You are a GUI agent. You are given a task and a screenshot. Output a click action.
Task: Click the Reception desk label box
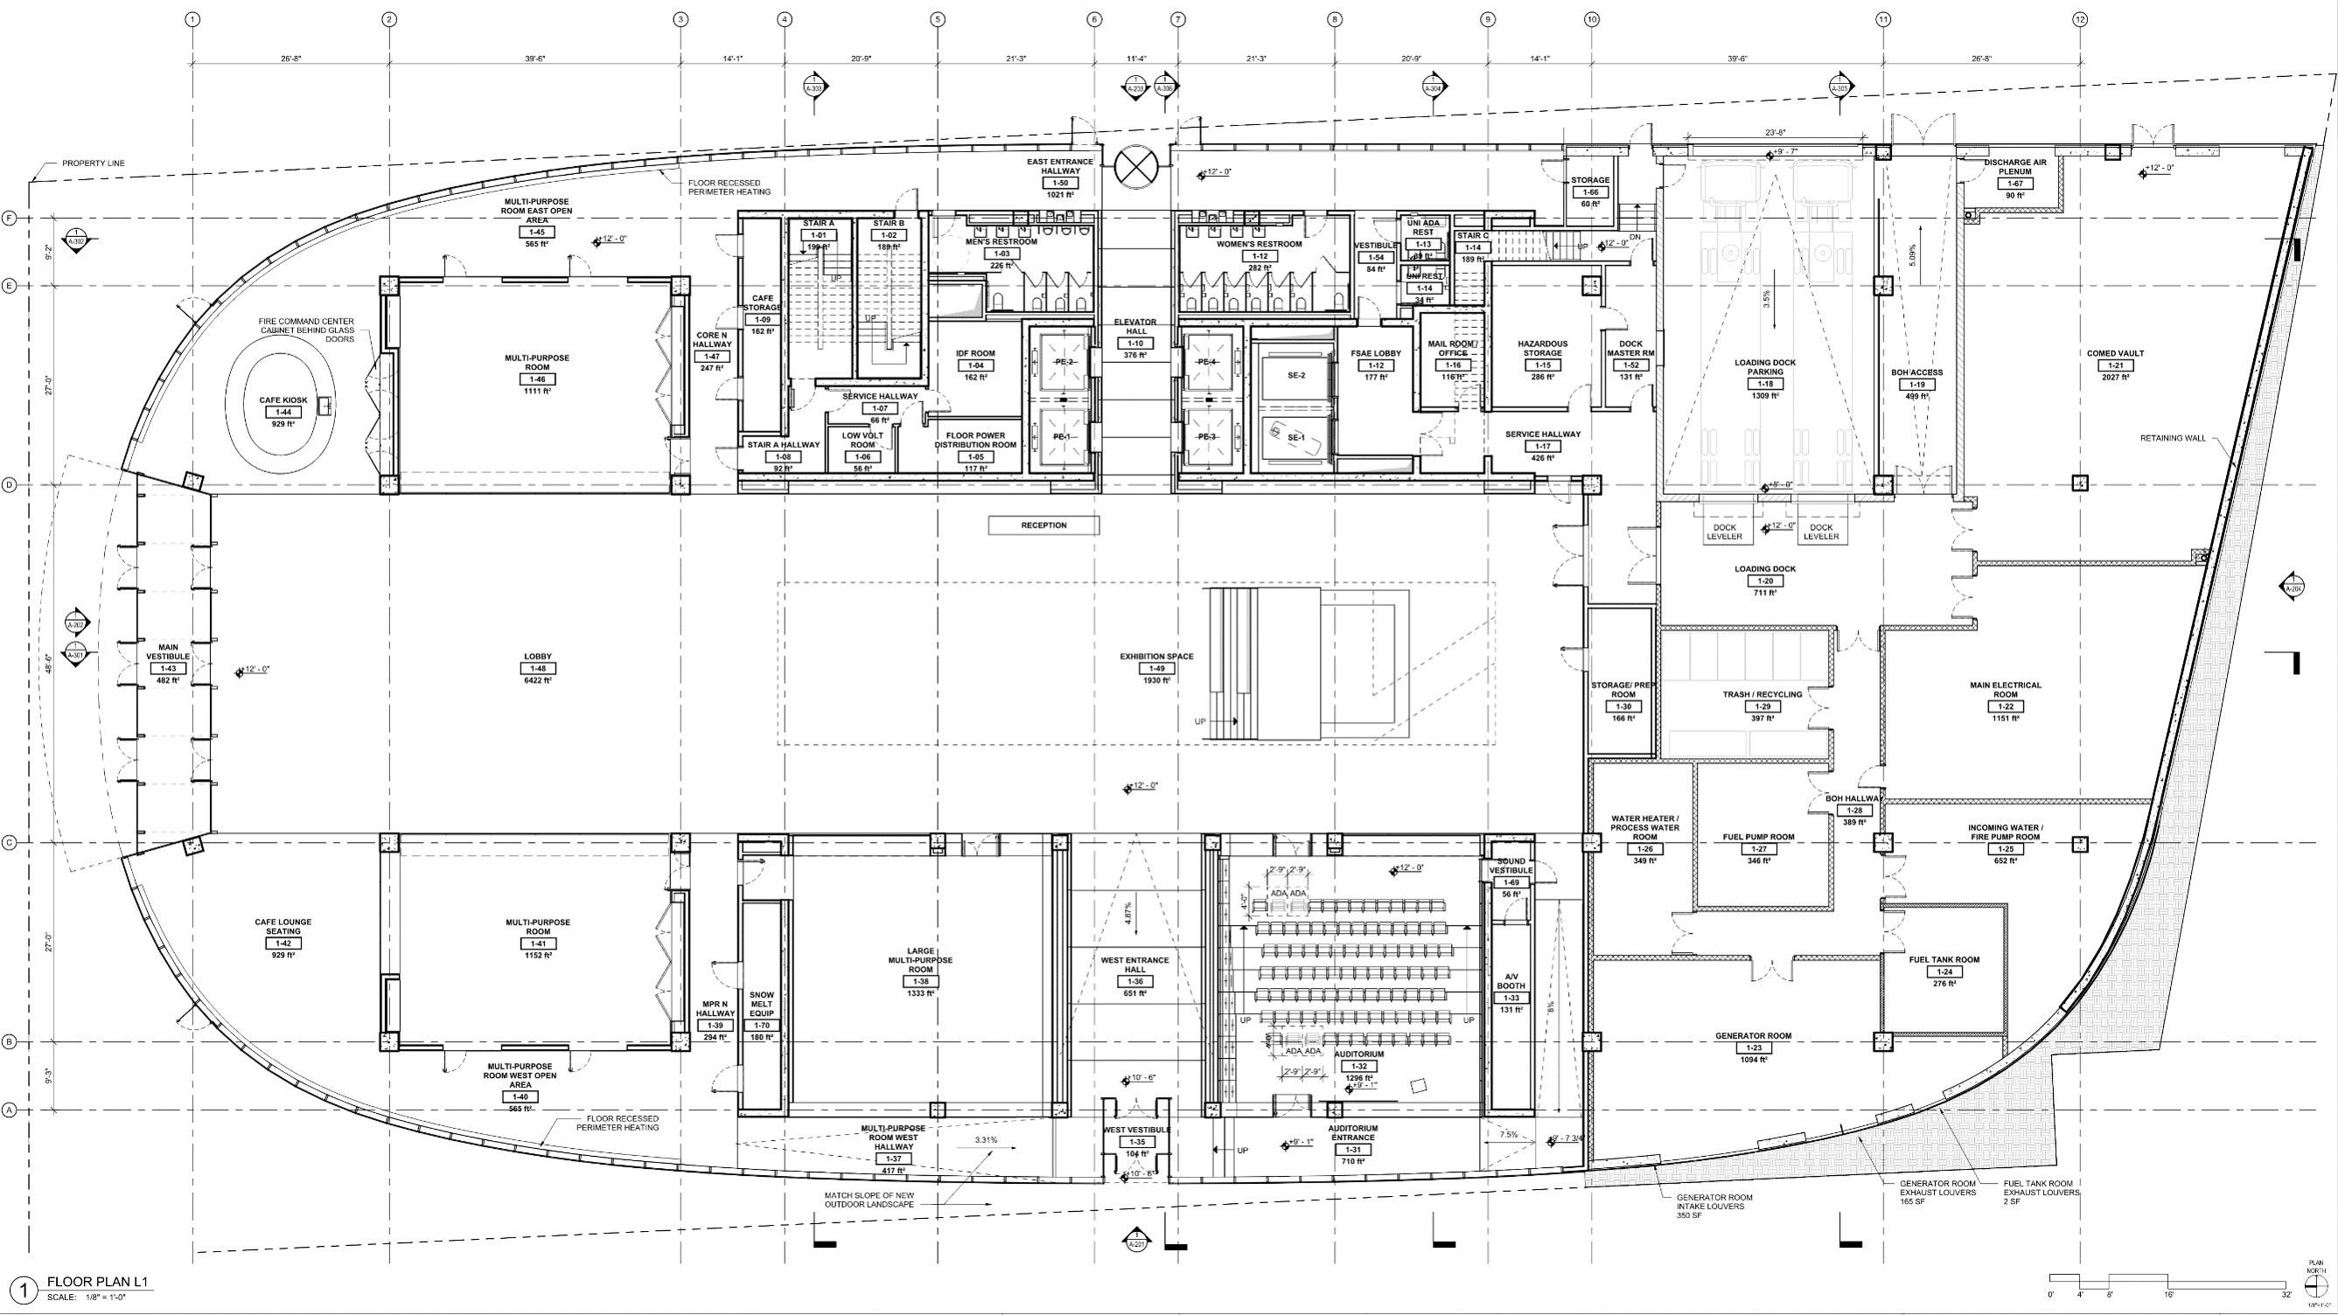coord(1043,525)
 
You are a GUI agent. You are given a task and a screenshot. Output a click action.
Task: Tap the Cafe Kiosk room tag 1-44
coord(283,412)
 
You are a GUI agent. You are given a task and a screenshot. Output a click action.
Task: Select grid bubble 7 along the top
coord(1178,19)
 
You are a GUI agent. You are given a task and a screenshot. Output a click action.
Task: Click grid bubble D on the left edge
coord(10,484)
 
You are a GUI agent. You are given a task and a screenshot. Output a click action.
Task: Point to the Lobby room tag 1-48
coord(537,668)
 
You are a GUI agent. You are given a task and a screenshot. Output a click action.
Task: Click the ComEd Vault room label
coord(2115,353)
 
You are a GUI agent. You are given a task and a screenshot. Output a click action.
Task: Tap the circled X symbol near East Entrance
coord(1134,167)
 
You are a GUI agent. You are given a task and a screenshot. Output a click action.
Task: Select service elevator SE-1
coord(1295,437)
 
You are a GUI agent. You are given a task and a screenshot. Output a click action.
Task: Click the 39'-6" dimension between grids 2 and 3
coord(534,58)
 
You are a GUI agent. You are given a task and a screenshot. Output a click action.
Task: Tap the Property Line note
coord(94,164)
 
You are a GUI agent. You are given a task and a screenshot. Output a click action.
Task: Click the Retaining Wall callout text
coord(2172,438)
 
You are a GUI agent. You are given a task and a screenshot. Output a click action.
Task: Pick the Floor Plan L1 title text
coord(97,1282)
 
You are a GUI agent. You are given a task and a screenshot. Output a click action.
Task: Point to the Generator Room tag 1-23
coord(1753,1047)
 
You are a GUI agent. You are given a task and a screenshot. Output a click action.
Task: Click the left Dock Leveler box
coord(1725,532)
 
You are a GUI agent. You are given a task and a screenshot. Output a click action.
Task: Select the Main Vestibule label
coord(168,651)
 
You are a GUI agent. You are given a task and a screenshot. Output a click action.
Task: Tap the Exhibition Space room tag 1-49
coord(1156,668)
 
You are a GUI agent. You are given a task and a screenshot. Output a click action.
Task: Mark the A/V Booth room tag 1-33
coord(1511,998)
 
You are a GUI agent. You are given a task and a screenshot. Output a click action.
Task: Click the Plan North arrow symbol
coord(2315,1281)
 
